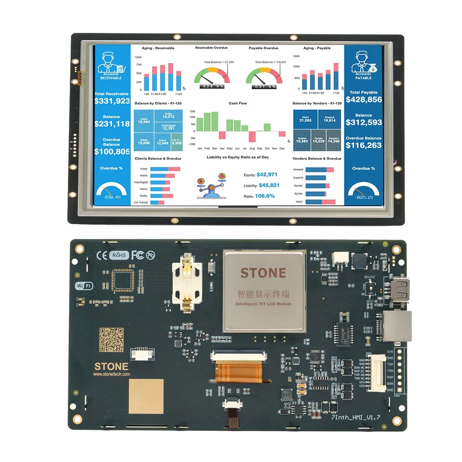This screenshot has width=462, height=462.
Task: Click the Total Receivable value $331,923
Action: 112,101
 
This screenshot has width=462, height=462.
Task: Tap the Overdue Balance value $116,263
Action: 364,145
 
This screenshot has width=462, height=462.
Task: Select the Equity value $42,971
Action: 267,174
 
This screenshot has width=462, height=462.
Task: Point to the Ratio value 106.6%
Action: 265,196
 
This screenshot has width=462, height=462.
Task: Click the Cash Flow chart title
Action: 238,103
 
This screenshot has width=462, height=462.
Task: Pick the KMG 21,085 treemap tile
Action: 305,119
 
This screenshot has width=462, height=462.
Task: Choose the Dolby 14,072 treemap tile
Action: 168,116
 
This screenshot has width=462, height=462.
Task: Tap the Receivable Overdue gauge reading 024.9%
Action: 212,86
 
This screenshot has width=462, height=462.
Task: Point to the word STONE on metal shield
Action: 263,273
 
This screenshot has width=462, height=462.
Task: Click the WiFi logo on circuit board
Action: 84,286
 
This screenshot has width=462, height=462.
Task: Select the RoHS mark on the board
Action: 118,255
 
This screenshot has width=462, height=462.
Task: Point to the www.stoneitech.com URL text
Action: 111,374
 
